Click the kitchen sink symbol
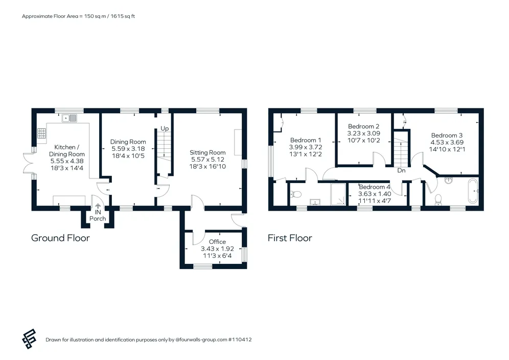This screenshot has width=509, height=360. click(69, 118)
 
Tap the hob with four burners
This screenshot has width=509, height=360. click(41, 133)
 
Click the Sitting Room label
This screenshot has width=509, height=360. click(207, 152)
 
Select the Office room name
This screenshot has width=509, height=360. click(217, 242)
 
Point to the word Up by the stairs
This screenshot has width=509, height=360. click(165, 129)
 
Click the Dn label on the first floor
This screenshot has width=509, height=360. click(401, 170)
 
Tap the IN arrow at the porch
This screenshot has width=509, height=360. click(98, 206)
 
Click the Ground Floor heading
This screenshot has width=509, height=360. click(60, 238)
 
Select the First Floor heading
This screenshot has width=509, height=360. click(290, 238)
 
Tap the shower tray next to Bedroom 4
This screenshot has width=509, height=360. click(338, 194)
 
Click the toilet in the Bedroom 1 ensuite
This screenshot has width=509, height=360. click(296, 194)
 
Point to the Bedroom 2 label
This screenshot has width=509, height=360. click(363, 126)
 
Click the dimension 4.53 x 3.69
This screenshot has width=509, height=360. click(447, 142)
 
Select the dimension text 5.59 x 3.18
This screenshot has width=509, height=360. click(128, 149)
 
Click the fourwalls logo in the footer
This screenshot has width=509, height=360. click(29, 339)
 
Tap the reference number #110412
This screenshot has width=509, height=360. click(240, 340)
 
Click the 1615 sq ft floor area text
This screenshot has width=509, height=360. click(123, 16)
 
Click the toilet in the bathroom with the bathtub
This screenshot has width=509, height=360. click(438, 199)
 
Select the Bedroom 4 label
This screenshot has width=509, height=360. click(374, 187)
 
